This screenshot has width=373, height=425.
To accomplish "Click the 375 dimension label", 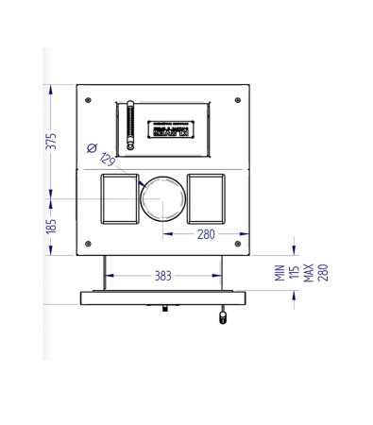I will tap(53, 141).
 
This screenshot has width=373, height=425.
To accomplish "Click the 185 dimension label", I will tap(53, 227).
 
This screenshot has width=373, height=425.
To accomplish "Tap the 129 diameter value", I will tap(107, 161).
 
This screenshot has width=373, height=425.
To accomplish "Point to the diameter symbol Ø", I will tap(92, 147).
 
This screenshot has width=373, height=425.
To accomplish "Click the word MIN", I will tap(280, 274).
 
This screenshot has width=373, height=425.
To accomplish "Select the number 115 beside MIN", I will tap(294, 274).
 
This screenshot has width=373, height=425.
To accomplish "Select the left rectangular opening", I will tap(119, 199).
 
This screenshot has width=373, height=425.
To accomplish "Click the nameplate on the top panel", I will tap(170, 129).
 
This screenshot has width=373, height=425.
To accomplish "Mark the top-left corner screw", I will tap(88, 98).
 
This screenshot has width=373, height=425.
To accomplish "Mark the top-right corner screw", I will tap(238, 98).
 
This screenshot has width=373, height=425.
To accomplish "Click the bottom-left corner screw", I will tap(88, 244).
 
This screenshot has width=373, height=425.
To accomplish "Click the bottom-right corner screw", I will tap(238, 244).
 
